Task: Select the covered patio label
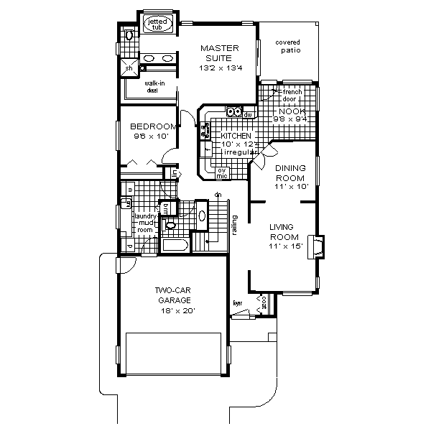pyautogui.click(x=287, y=46)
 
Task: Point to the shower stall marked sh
pyautogui.click(x=131, y=69)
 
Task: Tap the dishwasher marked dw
pyautogui.click(x=248, y=114)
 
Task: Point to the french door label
pyautogui.click(x=291, y=93)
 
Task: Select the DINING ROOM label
pyautogui.click(x=291, y=172)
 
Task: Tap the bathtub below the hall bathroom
pyautogui.click(x=175, y=246)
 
